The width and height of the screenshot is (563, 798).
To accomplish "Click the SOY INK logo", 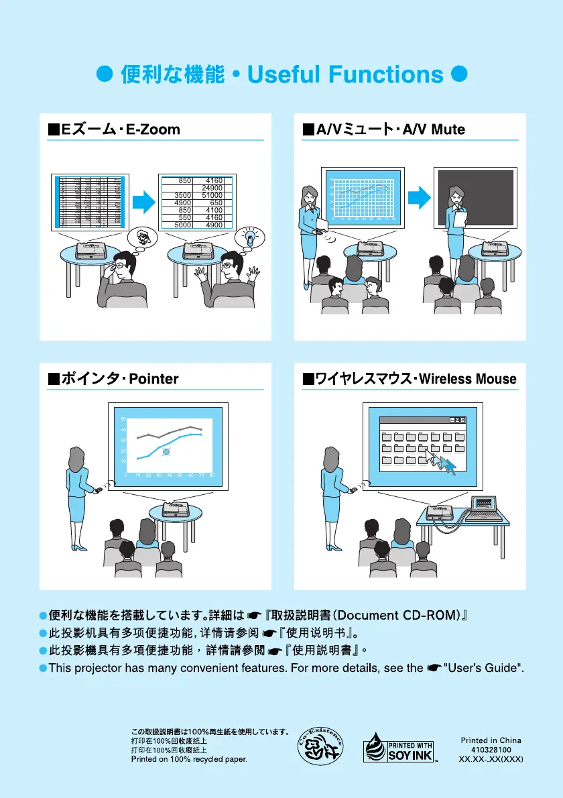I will [x=399, y=751].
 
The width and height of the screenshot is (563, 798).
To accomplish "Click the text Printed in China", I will [x=491, y=740].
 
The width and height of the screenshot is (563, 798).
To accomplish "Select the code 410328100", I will [x=491, y=750].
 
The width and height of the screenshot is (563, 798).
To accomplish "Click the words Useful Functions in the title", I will [x=345, y=74].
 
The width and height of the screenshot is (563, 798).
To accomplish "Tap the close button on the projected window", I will [x=462, y=420].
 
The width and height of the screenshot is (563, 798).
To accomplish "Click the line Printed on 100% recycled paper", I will [x=189, y=760].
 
